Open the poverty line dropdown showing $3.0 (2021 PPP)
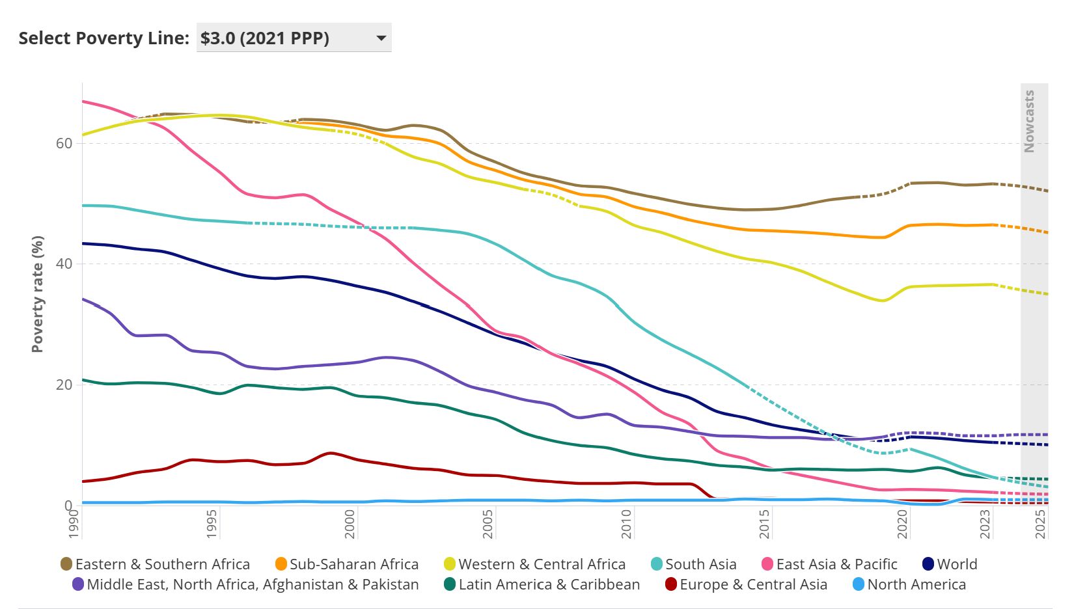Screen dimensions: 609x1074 (293, 38)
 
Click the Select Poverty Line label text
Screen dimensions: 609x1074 (103, 38)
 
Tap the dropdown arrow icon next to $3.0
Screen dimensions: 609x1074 (381, 38)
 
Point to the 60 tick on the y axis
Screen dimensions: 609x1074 (64, 143)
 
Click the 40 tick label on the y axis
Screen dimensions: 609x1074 (64, 264)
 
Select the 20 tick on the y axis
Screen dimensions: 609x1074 (64, 385)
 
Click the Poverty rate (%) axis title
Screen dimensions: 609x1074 (38, 294)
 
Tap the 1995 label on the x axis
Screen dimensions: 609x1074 (212, 524)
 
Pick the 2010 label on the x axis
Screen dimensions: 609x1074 (626, 524)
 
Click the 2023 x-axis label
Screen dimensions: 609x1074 (985, 524)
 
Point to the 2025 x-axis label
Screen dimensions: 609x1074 (1041, 524)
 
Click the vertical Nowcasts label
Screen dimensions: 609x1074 (1029, 122)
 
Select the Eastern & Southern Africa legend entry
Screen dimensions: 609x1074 (162, 564)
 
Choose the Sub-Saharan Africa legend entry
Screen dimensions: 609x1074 (353, 564)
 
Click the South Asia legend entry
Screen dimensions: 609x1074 (700, 564)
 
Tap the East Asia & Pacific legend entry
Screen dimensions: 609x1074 (836, 564)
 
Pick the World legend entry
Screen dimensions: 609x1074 (956, 564)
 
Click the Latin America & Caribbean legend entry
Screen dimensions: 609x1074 (549, 584)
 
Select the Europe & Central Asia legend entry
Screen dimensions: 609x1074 (753, 584)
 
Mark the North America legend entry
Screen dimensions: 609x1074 (916, 584)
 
